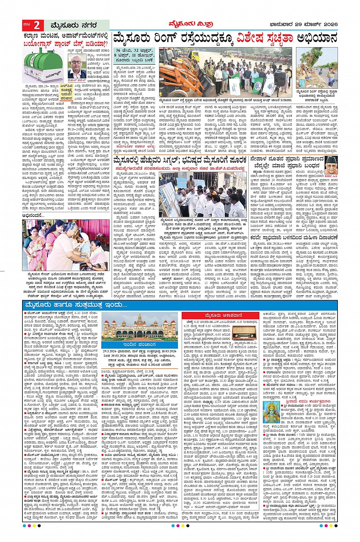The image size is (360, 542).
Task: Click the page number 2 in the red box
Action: [37, 26]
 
